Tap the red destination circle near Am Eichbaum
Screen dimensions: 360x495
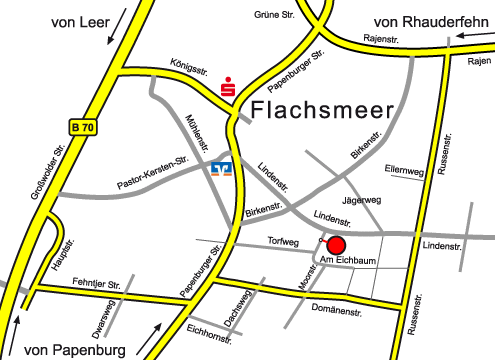point(336,245)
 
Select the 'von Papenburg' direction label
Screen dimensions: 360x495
point(76,349)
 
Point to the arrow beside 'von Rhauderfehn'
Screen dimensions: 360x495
point(474,37)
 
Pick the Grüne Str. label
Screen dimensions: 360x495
point(274,14)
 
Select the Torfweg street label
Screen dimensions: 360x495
point(284,240)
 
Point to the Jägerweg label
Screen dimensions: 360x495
point(362,201)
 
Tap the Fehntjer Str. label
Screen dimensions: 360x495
point(101,285)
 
